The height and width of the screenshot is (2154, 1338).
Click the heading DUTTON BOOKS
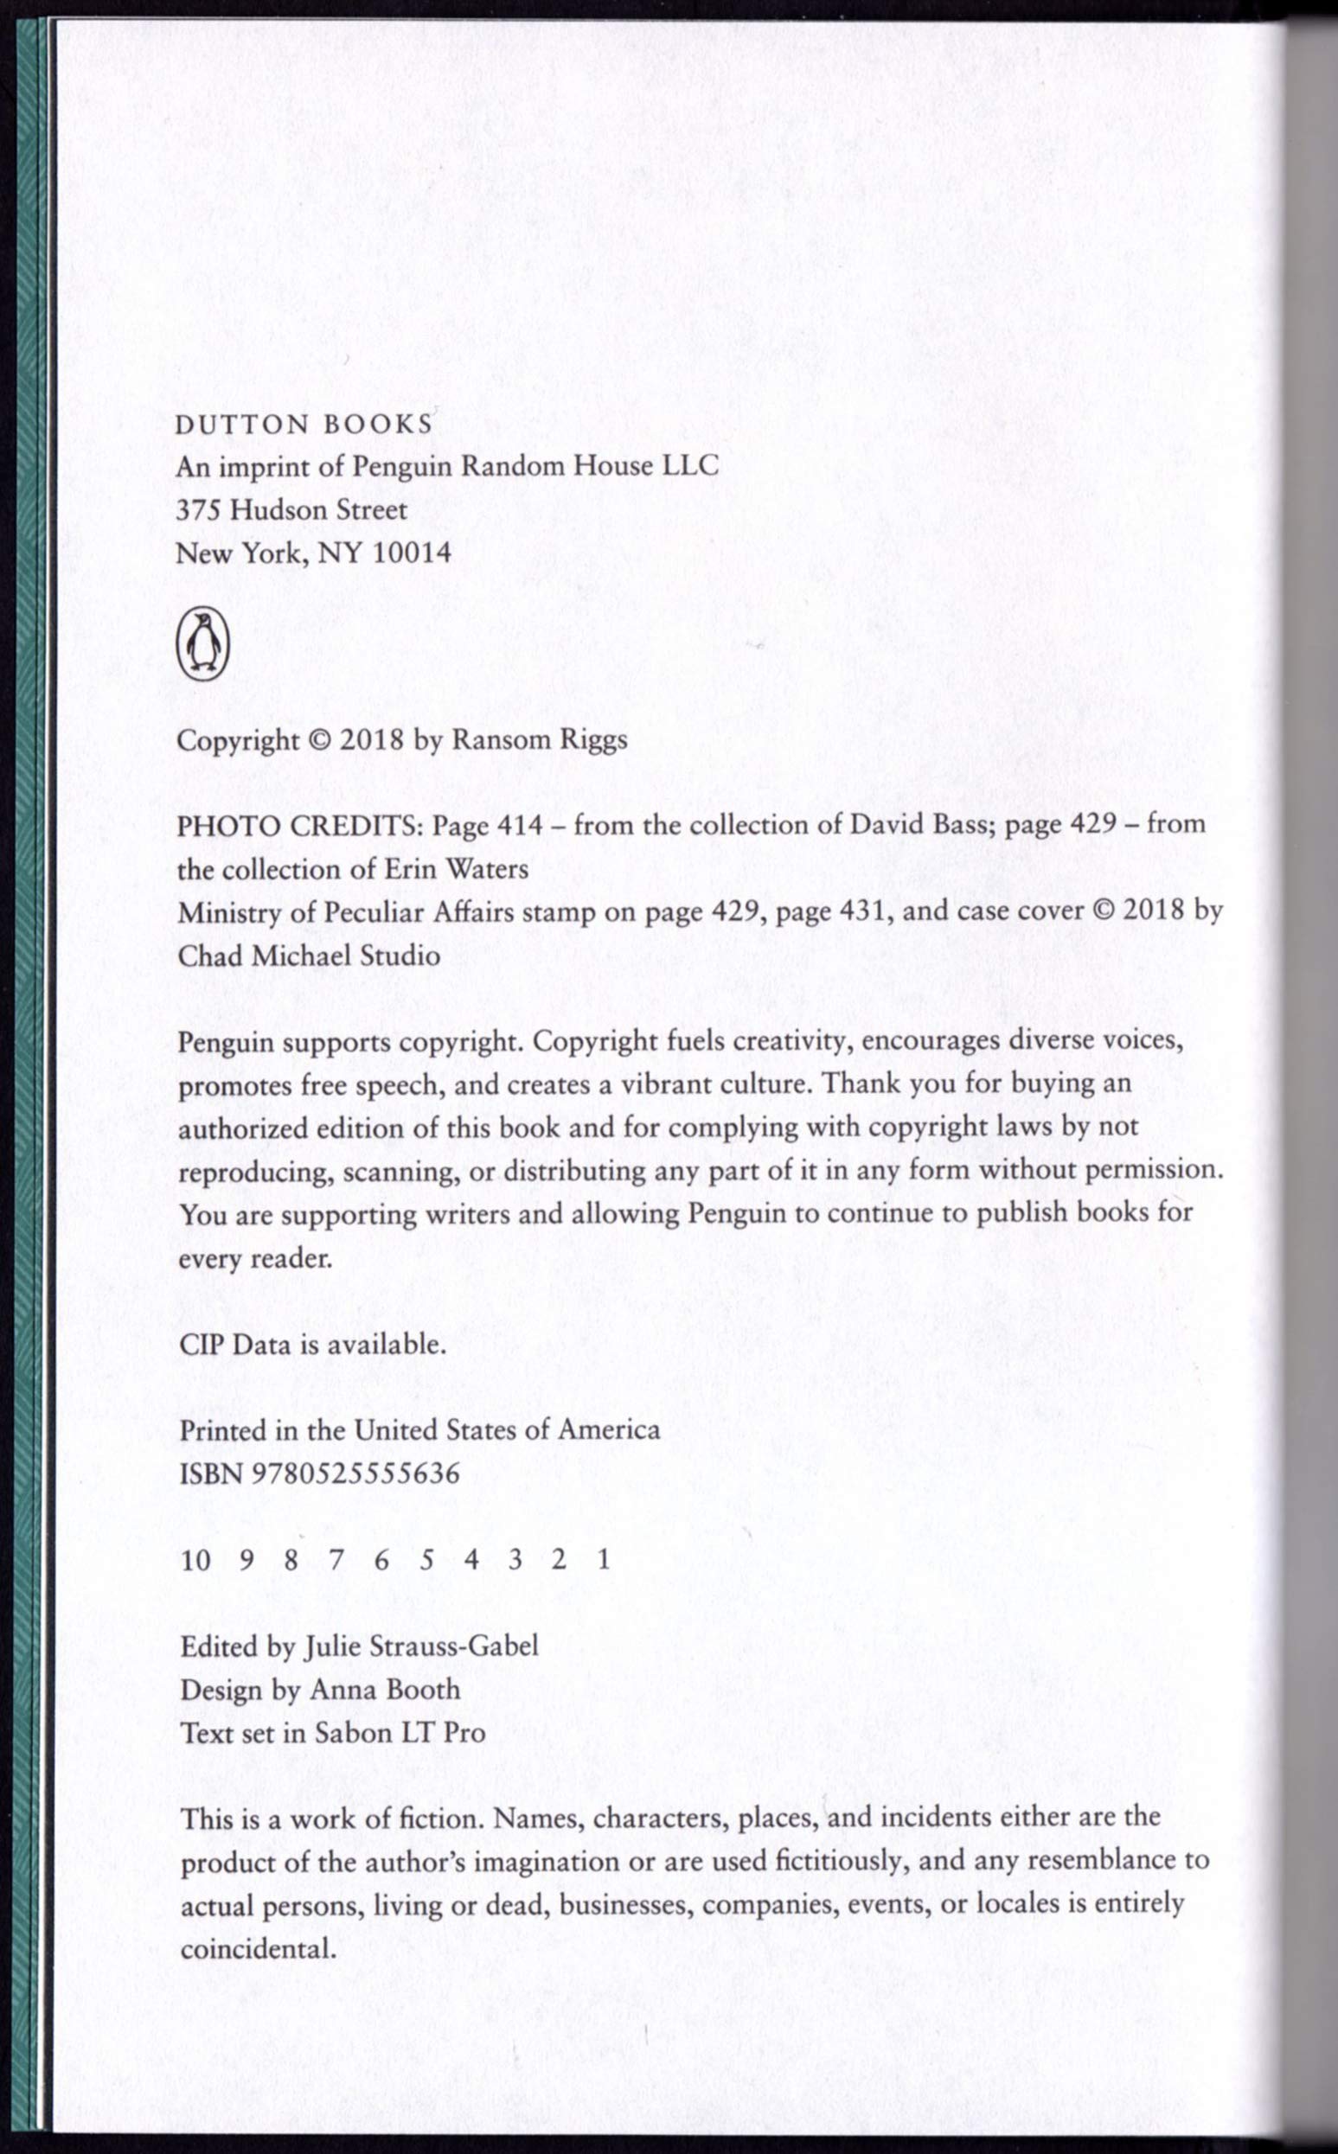[x=304, y=425]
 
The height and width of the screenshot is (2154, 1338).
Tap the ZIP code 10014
[x=412, y=553]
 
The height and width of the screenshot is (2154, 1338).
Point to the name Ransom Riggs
[x=539, y=739]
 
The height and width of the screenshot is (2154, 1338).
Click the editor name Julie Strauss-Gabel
[x=421, y=1646]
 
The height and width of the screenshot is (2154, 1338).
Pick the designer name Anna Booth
[x=384, y=1690]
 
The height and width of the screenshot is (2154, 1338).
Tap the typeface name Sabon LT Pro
[x=400, y=1732]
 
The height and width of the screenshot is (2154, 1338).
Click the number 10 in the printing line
[x=195, y=1560]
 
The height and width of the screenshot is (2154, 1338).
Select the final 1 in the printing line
[x=604, y=1559]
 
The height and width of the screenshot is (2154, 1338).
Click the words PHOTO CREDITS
[x=301, y=826]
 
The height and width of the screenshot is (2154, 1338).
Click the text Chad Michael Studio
[x=309, y=956]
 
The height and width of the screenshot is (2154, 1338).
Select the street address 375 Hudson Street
[x=291, y=509]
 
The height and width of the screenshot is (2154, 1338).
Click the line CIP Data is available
[x=312, y=1345]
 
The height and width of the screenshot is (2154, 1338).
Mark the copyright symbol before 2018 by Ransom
[x=318, y=739]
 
